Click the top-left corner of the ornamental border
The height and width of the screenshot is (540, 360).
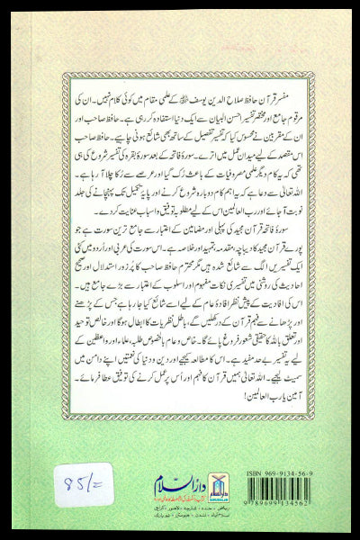38,38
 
